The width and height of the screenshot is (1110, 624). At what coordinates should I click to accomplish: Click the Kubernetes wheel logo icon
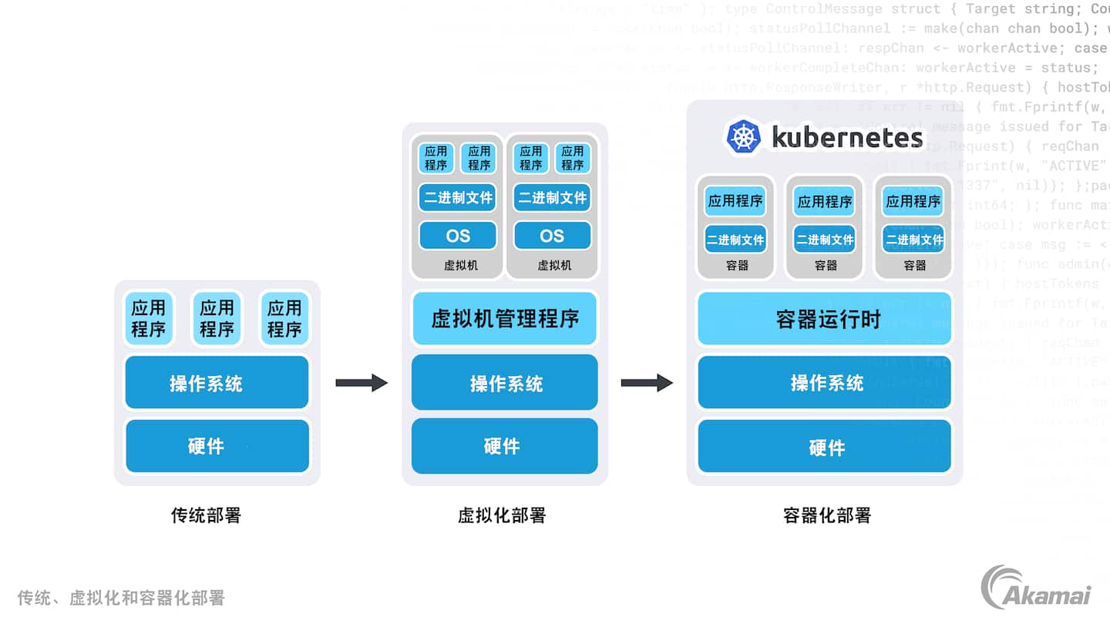743,137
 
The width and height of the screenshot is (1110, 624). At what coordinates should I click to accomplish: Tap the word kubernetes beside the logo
846,138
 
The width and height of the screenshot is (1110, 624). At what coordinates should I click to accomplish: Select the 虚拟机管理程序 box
505,318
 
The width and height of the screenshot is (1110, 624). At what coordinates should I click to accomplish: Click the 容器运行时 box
825,319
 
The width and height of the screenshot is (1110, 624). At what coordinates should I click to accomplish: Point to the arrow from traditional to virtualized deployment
362,382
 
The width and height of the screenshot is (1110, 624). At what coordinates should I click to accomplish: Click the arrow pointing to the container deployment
647,382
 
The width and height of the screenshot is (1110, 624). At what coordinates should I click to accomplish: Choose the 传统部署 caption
206,515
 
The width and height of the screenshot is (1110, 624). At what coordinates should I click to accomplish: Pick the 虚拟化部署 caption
502,515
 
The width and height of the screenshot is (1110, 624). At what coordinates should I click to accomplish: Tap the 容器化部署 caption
826,515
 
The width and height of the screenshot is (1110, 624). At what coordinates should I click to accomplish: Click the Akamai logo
1035,588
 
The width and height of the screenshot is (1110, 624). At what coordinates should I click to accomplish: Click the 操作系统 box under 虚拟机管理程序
505,383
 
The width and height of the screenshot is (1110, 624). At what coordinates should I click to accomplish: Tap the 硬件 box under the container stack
825,447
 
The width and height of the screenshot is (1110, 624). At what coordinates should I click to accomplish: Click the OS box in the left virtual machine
457,236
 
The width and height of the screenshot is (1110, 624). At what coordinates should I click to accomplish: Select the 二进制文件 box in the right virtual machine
552,198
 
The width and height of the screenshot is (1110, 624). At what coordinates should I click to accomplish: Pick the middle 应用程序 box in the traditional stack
217,319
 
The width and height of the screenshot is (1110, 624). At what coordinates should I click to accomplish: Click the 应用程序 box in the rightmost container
913,202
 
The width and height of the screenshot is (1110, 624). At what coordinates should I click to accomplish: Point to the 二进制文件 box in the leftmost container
735,240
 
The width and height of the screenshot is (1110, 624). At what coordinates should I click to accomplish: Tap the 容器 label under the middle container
826,266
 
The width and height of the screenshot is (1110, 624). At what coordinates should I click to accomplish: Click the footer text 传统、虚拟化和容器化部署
121,598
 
